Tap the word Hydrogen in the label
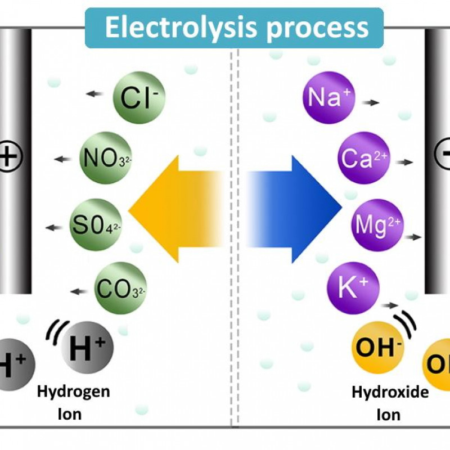click(73, 391)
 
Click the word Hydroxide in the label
click(390, 392)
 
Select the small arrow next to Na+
click(371, 103)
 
